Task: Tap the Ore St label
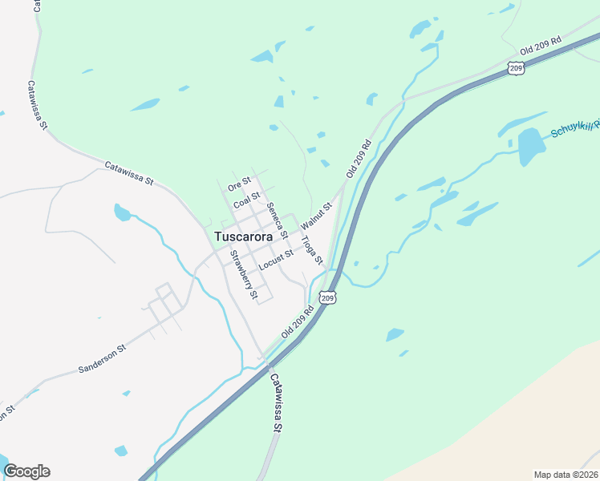point(239,184)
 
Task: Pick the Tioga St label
point(311,250)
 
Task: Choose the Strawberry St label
point(244,274)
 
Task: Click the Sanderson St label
point(102,359)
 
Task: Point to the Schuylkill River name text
point(574,126)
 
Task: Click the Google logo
point(26,471)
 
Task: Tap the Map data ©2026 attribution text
point(566,475)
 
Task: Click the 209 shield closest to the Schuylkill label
point(516,69)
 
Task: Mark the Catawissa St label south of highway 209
point(276,403)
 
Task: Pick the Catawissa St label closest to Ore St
point(129,172)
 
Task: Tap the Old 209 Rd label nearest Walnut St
point(360,158)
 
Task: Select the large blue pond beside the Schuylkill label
point(531,146)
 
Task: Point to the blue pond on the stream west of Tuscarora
point(122,212)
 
